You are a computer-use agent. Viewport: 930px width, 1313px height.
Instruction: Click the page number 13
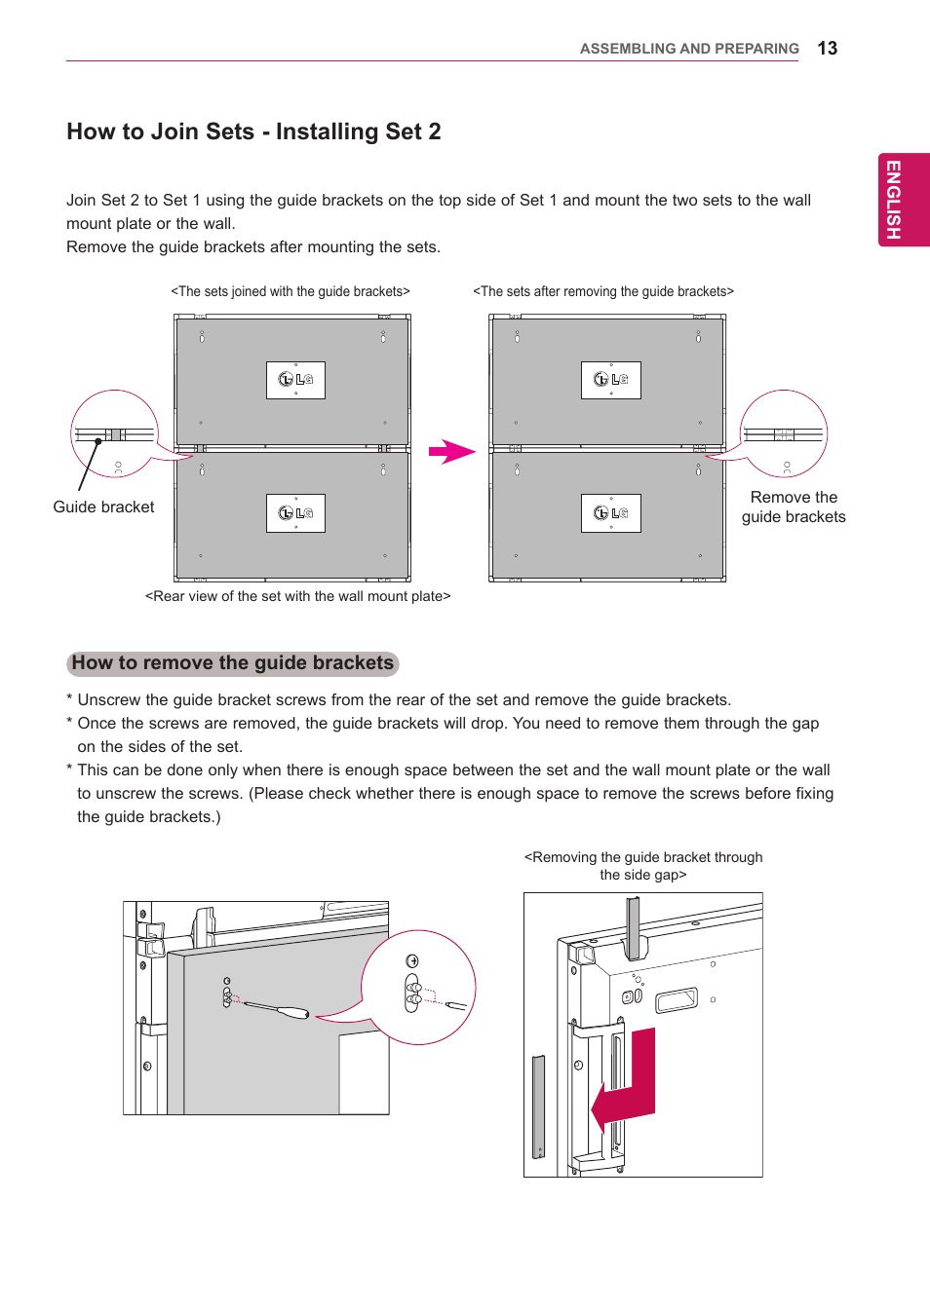coord(827,49)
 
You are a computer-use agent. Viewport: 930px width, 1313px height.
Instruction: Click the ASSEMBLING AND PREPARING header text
coord(688,49)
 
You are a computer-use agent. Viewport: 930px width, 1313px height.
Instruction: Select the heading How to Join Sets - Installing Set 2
coord(253,131)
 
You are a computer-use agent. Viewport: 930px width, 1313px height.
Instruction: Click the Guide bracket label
coord(103,506)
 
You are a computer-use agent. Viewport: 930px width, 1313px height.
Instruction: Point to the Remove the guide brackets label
coord(794,506)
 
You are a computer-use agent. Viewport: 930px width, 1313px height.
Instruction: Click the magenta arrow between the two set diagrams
coord(450,452)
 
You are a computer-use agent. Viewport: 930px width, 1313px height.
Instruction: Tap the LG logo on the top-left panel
coord(295,380)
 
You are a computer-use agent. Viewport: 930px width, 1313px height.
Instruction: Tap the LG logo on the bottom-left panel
coord(295,513)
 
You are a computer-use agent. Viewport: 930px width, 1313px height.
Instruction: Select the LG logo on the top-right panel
coord(610,380)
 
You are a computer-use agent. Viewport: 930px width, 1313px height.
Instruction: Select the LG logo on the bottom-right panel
coord(610,513)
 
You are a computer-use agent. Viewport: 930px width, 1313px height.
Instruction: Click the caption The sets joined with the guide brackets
coord(291,291)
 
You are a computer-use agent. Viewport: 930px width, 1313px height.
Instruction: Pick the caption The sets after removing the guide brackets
coord(603,291)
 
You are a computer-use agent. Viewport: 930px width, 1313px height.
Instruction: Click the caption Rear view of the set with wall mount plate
coord(297,596)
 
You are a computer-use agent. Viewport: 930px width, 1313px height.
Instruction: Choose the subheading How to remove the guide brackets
coord(233,663)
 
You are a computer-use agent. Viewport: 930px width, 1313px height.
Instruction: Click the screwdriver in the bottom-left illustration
coord(278,1009)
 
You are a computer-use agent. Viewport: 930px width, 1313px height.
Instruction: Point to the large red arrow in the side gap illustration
coord(629,1081)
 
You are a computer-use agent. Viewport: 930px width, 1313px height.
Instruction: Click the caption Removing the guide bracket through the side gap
coord(643,866)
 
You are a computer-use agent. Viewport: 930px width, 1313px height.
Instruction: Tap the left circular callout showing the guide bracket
coord(114,434)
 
